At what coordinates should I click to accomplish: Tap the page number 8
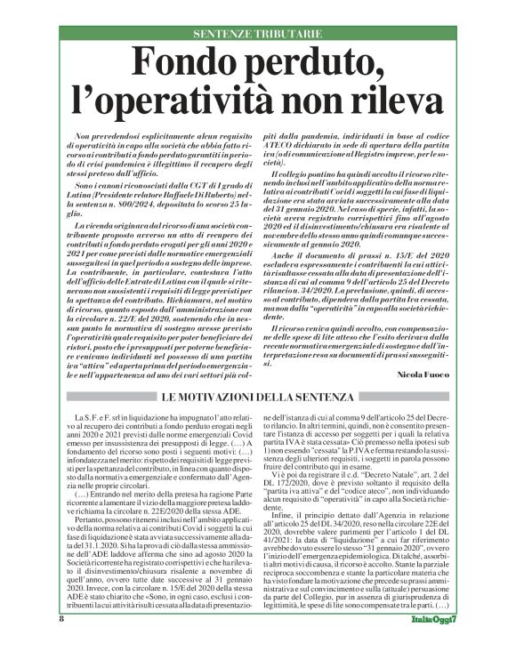click(62, 642)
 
